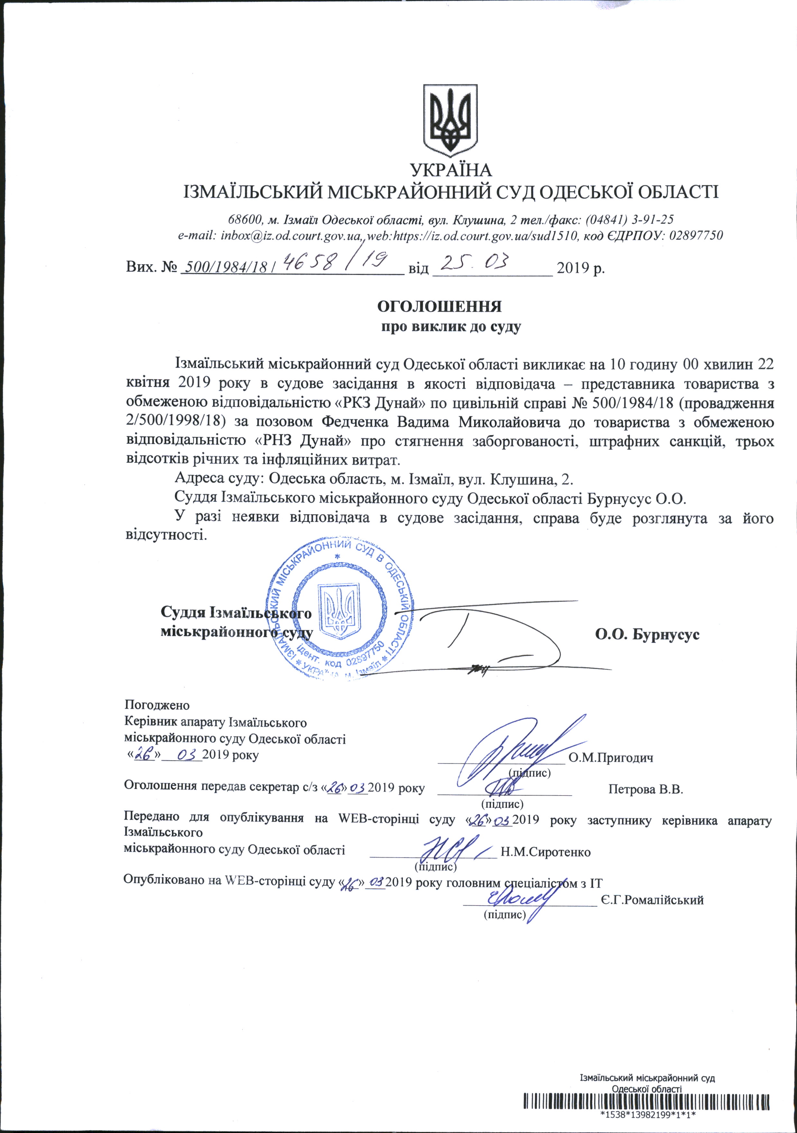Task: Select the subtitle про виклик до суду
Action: (x=451, y=327)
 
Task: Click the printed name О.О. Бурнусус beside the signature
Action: (x=647, y=635)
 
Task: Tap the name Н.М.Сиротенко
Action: (x=545, y=852)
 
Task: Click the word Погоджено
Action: (x=157, y=705)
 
